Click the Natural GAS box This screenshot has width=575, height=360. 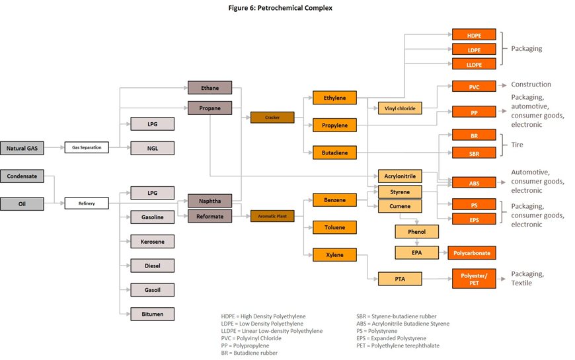22,149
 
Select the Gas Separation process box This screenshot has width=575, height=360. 86,148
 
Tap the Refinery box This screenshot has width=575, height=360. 86,203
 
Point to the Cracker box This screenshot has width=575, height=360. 272,118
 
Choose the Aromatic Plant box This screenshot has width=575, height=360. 272,215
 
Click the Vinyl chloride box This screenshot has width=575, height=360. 397,108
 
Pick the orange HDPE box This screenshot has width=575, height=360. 473,34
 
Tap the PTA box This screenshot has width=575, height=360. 399,279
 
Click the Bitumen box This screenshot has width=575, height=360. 152,313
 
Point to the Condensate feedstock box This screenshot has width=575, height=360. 22,176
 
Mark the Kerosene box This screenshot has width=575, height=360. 152,241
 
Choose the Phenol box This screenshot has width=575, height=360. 416,232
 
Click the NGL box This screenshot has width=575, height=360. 152,148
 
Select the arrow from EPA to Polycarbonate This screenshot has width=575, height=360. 443,253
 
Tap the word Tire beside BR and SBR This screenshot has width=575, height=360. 519,145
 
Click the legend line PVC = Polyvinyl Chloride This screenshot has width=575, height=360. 251,338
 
